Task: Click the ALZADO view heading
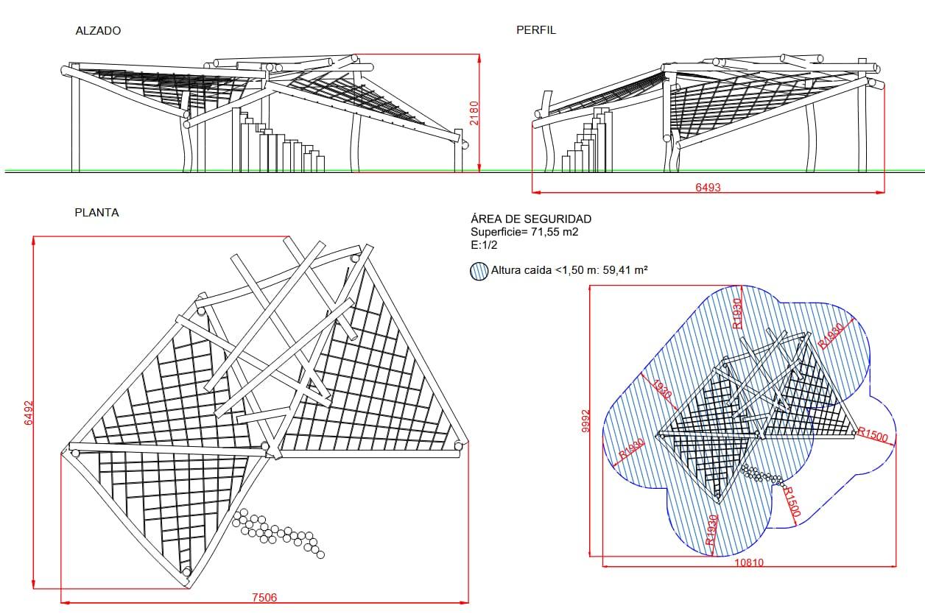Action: click(98, 31)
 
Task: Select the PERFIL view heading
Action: click(536, 30)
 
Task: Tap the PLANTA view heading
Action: click(96, 213)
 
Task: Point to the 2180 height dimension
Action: click(474, 113)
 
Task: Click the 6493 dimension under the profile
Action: click(708, 187)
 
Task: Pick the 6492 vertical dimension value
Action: click(29, 412)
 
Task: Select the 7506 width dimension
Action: click(264, 597)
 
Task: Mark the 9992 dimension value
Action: click(585, 421)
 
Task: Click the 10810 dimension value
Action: click(749, 562)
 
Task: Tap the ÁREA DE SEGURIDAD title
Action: click(531, 219)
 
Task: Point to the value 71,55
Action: click(545, 232)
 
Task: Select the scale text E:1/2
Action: click(484, 245)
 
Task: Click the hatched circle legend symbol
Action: click(479, 271)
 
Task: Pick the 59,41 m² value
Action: click(625, 270)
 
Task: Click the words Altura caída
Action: click(521, 270)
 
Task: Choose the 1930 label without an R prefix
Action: click(662, 389)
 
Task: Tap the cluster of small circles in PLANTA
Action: click(278, 533)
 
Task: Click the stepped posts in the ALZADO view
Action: click(278, 140)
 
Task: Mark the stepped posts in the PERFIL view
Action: click(587, 140)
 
